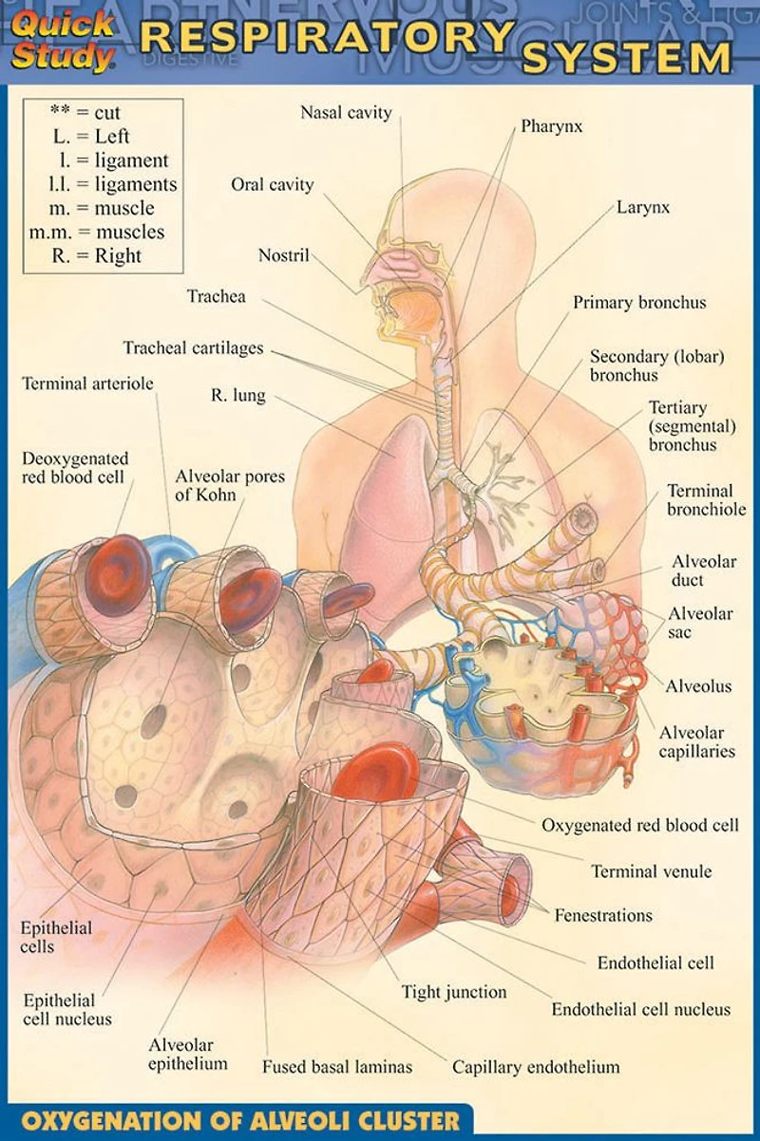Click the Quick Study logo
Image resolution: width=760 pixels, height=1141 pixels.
pyautogui.click(x=62, y=41)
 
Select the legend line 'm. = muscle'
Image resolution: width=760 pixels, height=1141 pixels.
pyautogui.click(x=102, y=208)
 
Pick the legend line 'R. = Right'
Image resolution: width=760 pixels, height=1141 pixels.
pyautogui.click(x=96, y=255)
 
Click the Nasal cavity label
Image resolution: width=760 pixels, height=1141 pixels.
pyautogui.click(x=346, y=112)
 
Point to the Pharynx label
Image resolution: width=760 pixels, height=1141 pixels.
pyautogui.click(x=552, y=127)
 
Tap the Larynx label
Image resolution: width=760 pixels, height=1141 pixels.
pyautogui.click(x=643, y=207)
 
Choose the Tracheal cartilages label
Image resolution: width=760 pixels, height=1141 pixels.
pyautogui.click(x=194, y=348)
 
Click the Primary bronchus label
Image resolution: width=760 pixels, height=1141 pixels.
pyautogui.click(x=639, y=303)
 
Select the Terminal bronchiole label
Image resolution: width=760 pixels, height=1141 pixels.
pyautogui.click(x=707, y=499)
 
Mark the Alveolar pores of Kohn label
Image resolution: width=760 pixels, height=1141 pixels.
pyautogui.click(x=230, y=485)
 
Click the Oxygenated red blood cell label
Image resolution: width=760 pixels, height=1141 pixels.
pyautogui.click(x=639, y=825)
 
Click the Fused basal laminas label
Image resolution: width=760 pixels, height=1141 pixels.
pyautogui.click(x=337, y=1067)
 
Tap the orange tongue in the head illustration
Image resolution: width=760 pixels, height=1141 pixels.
pyautogui.click(x=413, y=309)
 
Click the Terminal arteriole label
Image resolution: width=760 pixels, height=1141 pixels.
pyautogui.click(x=87, y=383)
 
